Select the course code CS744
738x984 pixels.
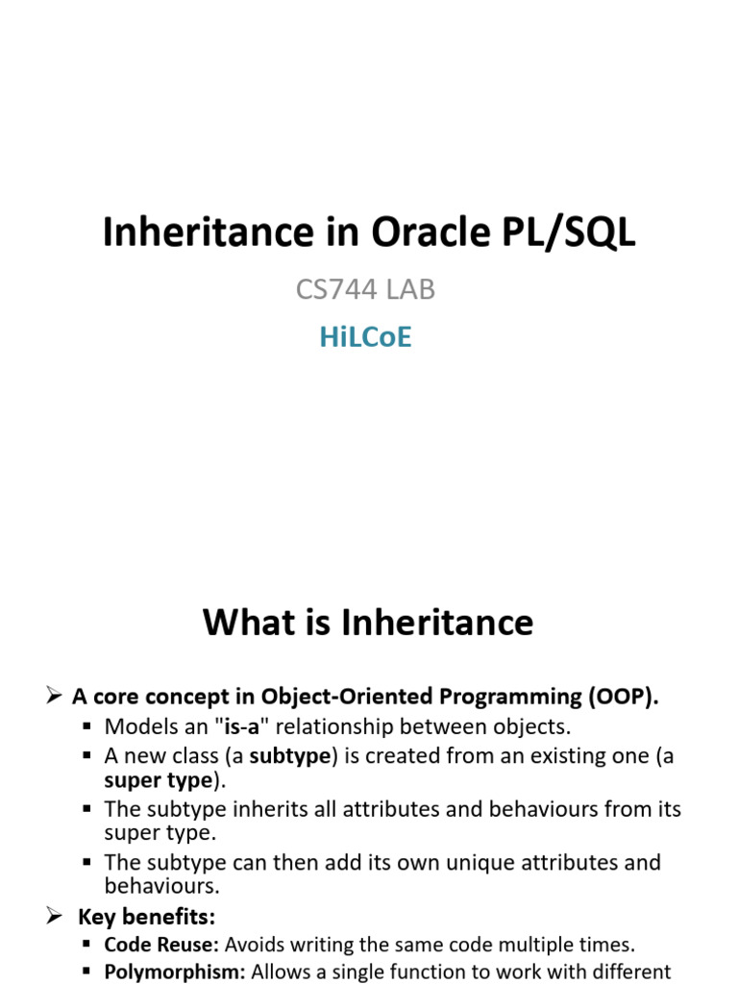click(x=336, y=289)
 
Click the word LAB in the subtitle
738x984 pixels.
click(x=410, y=289)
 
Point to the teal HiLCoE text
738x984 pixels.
click(x=365, y=336)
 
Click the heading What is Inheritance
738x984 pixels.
click(x=368, y=622)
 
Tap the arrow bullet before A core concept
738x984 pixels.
click(x=54, y=696)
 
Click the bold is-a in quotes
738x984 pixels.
click(x=241, y=726)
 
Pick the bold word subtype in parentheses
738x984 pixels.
click(x=290, y=755)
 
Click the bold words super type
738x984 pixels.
click(x=159, y=780)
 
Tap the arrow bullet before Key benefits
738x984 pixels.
click(x=54, y=916)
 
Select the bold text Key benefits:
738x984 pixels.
click(x=146, y=917)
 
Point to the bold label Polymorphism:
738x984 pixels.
click(x=175, y=972)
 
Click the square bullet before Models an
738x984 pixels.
click(x=87, y=726)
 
